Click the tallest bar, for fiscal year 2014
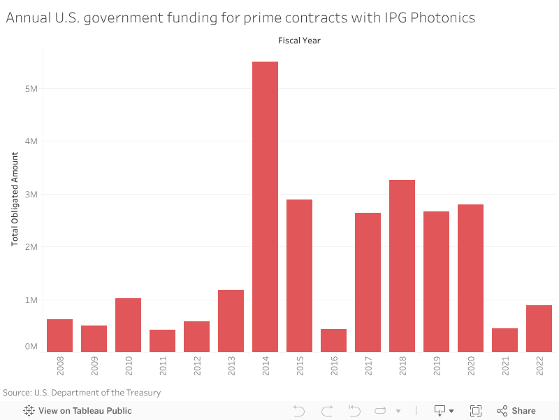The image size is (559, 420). (265, 206)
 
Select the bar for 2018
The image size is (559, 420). (402, 266)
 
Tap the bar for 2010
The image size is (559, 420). (128, 325)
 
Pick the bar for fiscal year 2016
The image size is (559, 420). (333, 340)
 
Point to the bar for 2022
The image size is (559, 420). (539, 328)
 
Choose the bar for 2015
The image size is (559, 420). (299, 276)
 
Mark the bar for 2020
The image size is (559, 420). (470, 278)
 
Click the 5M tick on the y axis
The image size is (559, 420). (31, 89)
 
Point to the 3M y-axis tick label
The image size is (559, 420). (31, 194)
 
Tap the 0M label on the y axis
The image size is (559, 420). (31, 346)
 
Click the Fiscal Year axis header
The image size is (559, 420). (299, 41)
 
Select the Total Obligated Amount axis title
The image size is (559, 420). (15, 199)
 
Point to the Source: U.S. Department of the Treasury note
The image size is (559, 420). (82, 393)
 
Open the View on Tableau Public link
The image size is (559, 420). (78, 411)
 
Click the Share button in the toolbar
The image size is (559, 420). (516, 411)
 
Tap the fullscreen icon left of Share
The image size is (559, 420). (476, 411)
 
